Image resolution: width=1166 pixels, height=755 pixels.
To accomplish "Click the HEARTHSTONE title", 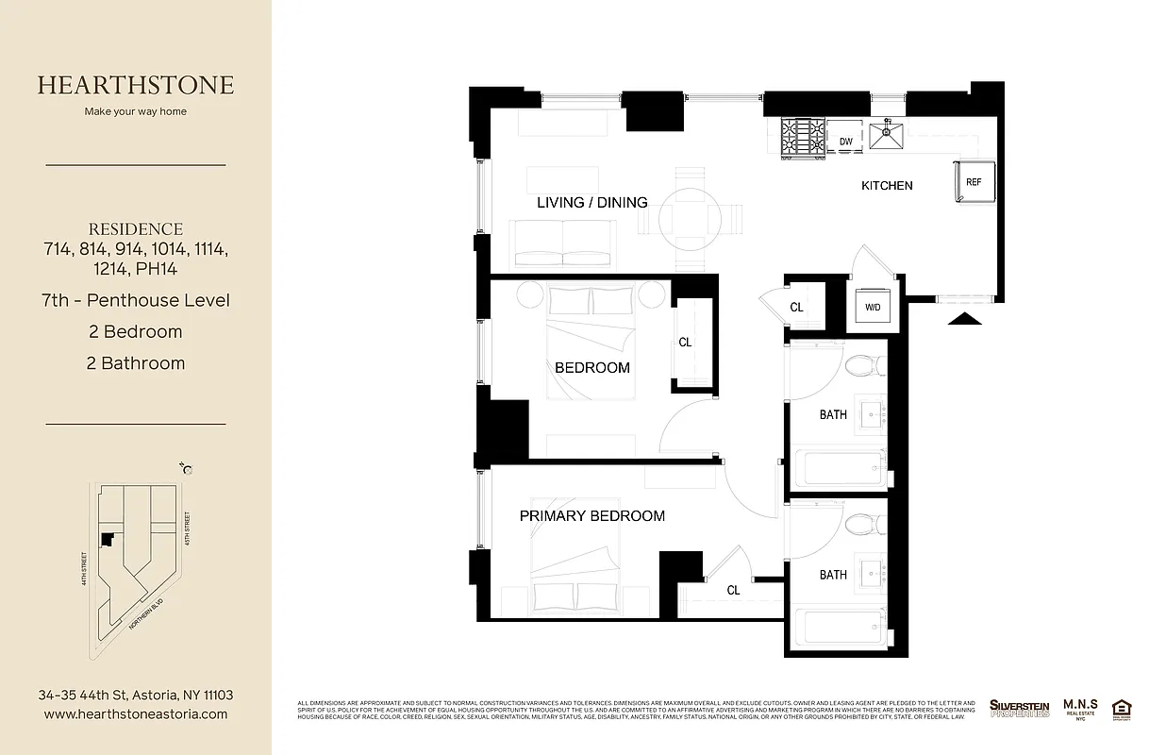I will tap(136, 85).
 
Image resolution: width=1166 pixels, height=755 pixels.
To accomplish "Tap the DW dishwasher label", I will tap(846, 143).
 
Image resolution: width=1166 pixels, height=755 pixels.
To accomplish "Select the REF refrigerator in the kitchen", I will tap(973, 182).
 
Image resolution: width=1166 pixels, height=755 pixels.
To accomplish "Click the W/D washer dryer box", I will tap(873, 308).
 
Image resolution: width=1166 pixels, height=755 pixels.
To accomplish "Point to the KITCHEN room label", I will tap(887, 186).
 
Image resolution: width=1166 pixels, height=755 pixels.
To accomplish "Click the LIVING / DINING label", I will tap(591, 202).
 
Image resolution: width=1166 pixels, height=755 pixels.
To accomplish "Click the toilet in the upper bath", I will tap(863, 364).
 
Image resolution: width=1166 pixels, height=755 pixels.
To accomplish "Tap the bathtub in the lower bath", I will tap(840, 629).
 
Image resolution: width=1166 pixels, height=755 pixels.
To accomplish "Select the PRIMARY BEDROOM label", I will tap(591, 515).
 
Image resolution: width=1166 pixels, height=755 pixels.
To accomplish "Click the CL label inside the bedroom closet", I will tap(685, 343).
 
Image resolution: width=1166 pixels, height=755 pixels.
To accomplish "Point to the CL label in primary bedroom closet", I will tap(733, 590).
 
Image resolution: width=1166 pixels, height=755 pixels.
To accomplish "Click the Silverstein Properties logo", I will tap(1019, 708).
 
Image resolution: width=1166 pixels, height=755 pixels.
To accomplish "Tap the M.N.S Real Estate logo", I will tap(1080, 707).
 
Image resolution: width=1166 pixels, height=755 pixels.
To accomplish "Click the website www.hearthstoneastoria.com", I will tap(136, 714).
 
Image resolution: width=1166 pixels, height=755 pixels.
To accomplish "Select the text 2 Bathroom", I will tap(136, 363).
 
